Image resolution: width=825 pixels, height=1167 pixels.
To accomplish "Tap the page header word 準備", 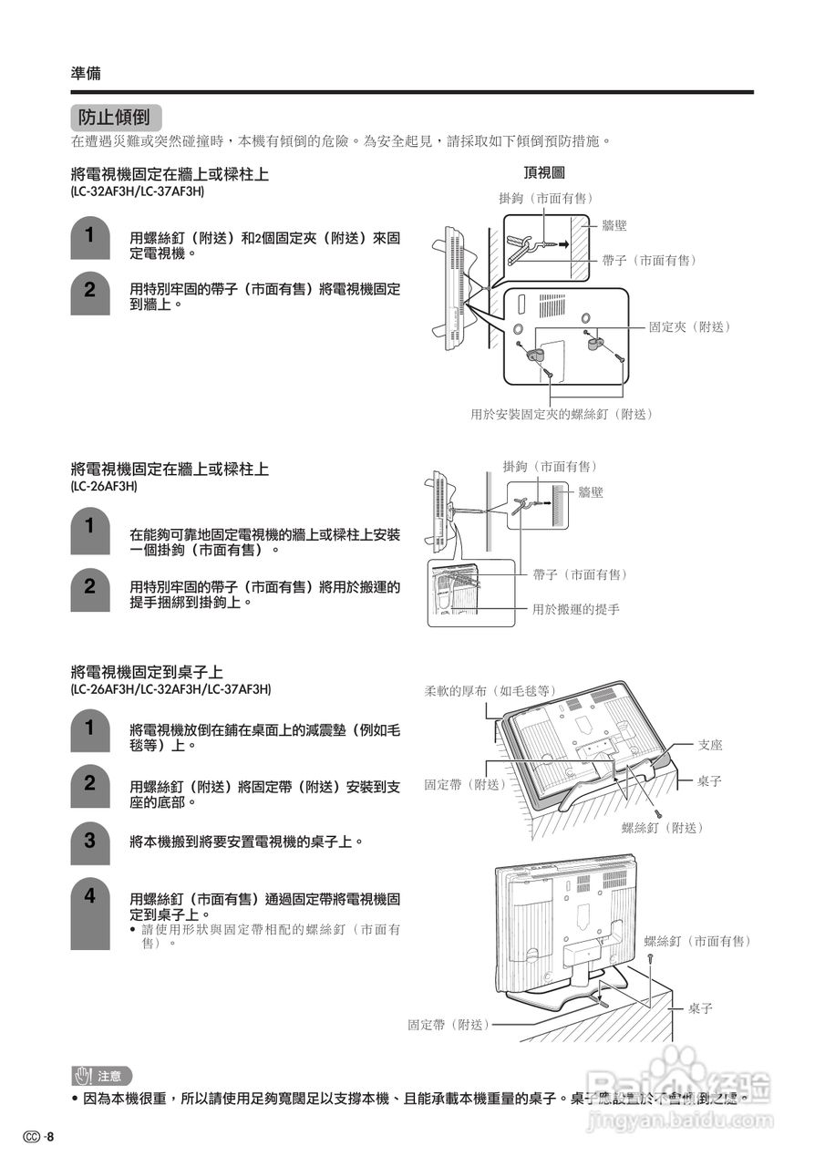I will click(86, 74).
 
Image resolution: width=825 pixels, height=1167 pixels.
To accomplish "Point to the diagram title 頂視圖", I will click(543, 172).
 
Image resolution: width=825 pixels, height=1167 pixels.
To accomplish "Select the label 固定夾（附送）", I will click(689, 326).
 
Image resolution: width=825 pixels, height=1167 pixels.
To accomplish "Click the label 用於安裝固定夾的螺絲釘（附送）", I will click(562, 414).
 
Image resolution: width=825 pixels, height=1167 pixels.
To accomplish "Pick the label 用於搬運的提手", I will click(575, 608).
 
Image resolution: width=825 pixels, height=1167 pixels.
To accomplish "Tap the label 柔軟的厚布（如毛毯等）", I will click(490, 690).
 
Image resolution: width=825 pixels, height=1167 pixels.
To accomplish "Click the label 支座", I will click(709, 745).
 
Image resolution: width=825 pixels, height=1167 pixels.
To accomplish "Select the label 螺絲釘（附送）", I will click(663, 827).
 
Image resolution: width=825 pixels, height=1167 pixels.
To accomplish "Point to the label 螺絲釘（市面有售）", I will click(697, 940).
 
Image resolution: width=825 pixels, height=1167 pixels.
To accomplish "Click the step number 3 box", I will click(89, 842).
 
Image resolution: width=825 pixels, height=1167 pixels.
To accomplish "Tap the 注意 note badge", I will click(101, 1076).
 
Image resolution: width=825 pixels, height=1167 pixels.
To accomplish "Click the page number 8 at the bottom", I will click(51, 1137).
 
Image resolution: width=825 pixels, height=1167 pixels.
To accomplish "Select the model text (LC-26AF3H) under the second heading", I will click(104, 487).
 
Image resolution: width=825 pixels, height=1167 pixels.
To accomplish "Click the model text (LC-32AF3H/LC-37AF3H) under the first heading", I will click(138, 192).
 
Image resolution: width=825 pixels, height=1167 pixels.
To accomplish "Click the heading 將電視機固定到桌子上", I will click(147, 672).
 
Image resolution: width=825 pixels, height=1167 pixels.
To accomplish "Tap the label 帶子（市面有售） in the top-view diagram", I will click(649, 260).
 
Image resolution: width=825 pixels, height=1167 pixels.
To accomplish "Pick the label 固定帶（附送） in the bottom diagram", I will click(449, 1025).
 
